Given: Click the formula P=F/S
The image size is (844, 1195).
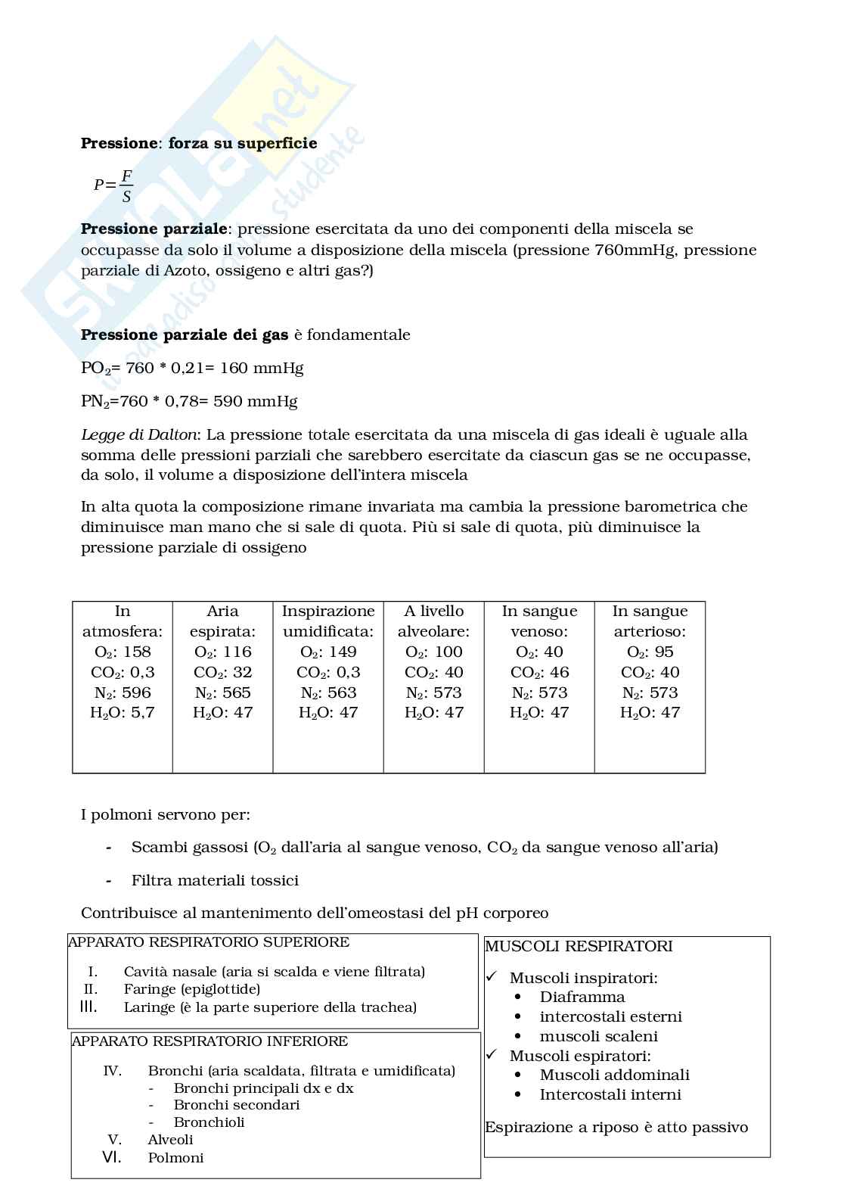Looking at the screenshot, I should tap(113, 185).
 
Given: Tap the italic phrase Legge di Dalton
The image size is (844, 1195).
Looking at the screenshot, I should tap(139, 435).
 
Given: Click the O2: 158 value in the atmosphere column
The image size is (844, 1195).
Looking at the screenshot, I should tap(122, 652).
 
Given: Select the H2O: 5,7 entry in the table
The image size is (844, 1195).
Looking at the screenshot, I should tap(122, 713).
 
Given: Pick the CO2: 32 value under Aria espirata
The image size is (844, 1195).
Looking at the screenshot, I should tap(222, 673).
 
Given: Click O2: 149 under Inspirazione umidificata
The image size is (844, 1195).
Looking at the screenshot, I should tap(328, 652).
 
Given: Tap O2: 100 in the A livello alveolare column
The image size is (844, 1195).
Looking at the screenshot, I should tap(433, 652).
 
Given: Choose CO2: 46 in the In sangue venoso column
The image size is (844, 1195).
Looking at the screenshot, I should tap(539, 673).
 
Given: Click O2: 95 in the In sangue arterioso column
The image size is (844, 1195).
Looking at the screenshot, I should tap(650, 652).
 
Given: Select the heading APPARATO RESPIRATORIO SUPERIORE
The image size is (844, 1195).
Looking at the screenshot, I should tap(209, 943).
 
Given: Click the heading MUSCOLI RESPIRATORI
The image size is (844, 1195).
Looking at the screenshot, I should tap(579, 947).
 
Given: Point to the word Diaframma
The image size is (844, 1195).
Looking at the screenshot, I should tap(582, 997).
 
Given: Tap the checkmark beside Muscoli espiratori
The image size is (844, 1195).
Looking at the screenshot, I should tap(492, 1054).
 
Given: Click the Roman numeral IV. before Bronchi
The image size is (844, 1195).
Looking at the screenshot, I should tap(112, 1071).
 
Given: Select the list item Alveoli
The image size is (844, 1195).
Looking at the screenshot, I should tap(170, 1140).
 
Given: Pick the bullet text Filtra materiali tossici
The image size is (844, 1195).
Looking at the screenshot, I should tap(215, 881).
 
